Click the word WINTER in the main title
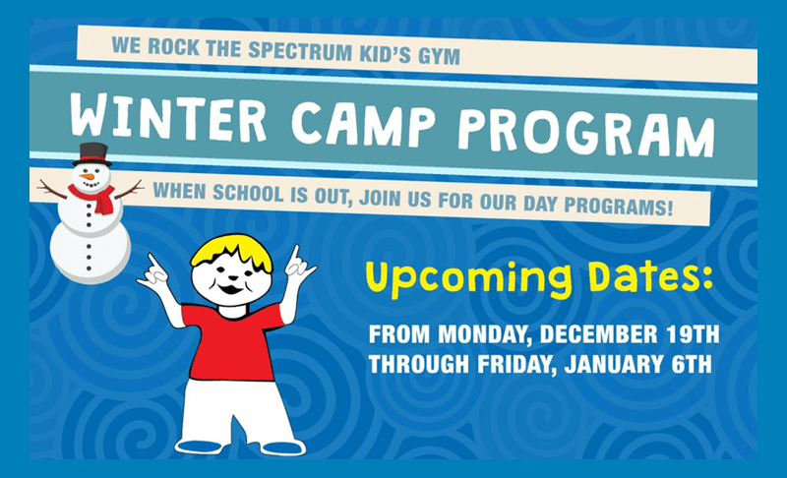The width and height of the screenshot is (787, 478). pos(168,117)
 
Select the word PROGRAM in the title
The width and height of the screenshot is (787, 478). pos(586,133)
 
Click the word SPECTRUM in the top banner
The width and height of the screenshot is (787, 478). pos(300,51)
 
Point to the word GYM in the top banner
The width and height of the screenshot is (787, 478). pos(439,56)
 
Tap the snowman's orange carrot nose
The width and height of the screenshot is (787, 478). pos(88,177)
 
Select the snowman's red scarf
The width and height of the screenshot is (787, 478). pos(94,198)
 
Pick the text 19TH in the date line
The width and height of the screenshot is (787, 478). pos(694,334)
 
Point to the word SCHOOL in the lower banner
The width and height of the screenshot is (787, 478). pos(248,193)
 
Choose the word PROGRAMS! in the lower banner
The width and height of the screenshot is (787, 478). pos(618,206)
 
